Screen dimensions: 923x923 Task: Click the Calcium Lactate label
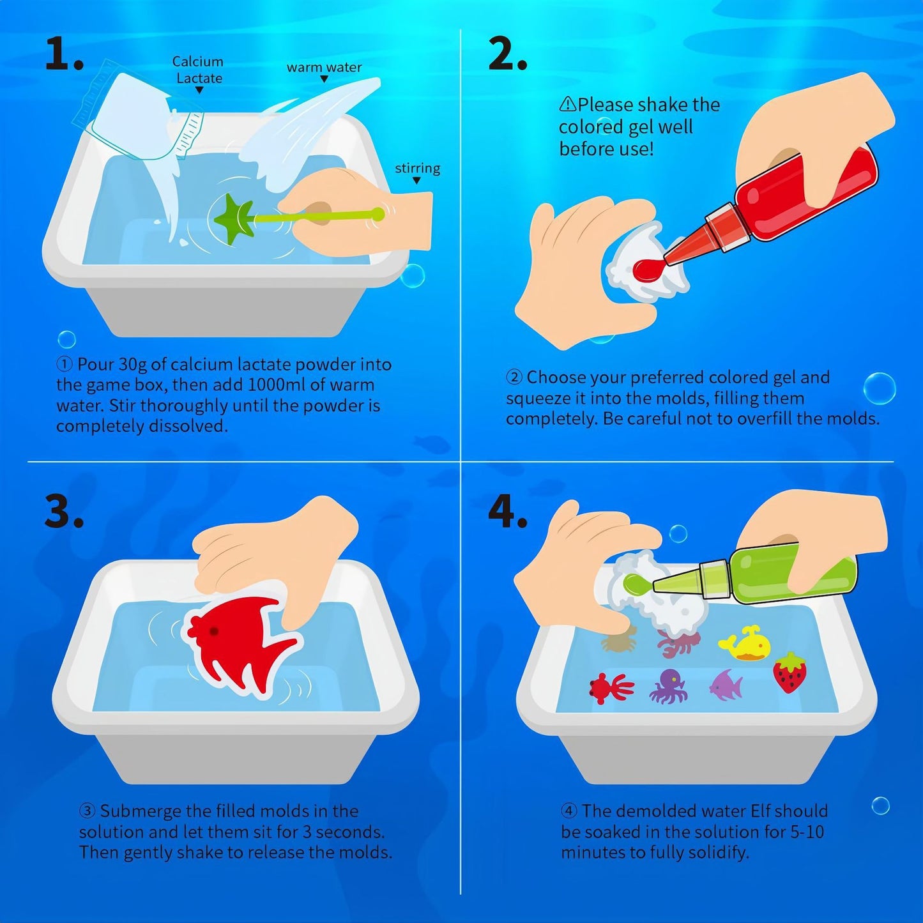coord(198,70)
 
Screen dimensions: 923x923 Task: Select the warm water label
coord(324,68)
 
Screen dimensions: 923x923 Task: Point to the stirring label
coord(417,169)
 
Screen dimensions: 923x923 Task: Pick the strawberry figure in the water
coord(790,673)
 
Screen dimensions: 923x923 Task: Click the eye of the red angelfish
coord(213,631)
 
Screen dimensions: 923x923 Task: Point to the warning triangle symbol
coord(567,104)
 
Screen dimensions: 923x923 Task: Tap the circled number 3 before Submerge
coord(88,811)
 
